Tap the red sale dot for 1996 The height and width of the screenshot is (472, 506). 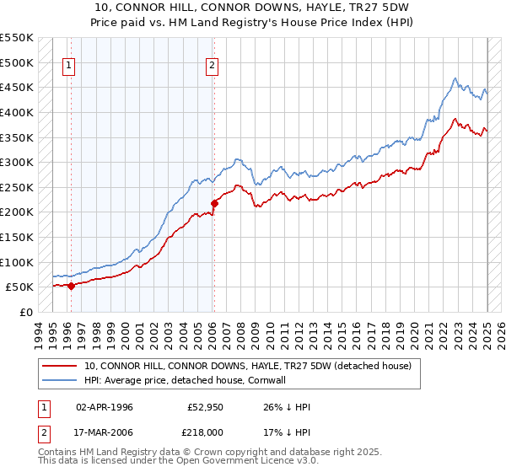coord(71,286)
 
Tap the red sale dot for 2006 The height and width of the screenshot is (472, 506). coord(214,203)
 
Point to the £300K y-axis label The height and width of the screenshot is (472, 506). coord(17,162)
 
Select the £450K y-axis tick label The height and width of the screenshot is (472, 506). coord(17,87)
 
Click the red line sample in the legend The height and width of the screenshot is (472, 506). coord(61,366)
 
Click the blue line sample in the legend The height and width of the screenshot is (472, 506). coord(61,380)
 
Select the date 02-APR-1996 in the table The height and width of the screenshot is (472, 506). coord(105,406)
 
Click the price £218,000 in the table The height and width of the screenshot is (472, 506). coord(206,432)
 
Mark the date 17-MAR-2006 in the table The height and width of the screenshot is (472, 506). coord(105,432)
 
